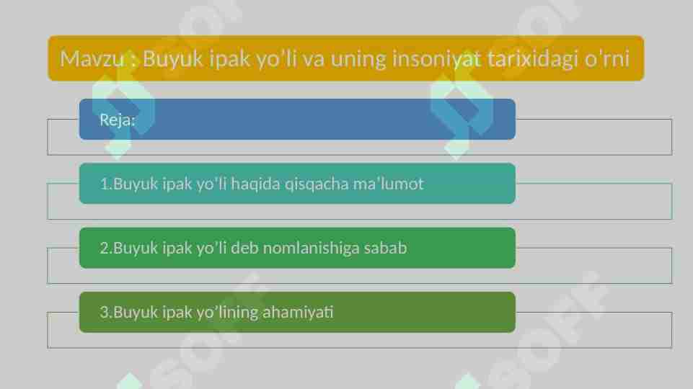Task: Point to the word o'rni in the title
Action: [606, 58]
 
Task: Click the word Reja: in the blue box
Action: [117, 120]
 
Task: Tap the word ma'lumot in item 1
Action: [388, 184]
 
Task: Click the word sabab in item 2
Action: [385, 248]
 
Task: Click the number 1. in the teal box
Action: [105, 184]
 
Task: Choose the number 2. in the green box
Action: [105, 248]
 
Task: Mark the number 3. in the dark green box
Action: [105, 312]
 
